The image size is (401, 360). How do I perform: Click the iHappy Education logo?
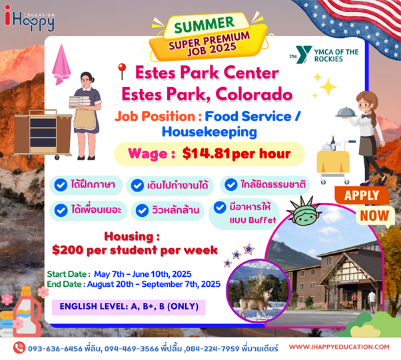point(29,19)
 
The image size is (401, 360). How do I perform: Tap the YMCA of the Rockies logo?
point(324,55)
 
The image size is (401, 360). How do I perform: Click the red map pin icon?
point(123,72)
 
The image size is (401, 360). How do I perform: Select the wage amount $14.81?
point(206,154)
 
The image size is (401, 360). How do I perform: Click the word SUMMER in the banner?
point(204,25)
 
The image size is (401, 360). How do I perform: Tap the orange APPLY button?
point(362,196)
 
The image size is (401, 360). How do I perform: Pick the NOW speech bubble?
point(374,216)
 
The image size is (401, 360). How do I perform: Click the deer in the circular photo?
point(254,301)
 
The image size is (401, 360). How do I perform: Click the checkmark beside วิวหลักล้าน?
point(142,210)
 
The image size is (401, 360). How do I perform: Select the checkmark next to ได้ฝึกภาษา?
point(61,185)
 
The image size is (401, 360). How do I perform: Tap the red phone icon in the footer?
point(19,347)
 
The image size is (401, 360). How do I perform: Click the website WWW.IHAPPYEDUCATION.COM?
point(339,347)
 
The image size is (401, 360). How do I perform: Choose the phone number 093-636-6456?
point(55,349)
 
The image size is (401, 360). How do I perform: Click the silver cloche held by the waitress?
point(346,112)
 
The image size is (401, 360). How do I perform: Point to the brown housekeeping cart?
point(43,133)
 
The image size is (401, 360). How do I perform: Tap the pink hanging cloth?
point(61,65)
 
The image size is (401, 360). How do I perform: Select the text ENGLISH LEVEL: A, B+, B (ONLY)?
point(129,306)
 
